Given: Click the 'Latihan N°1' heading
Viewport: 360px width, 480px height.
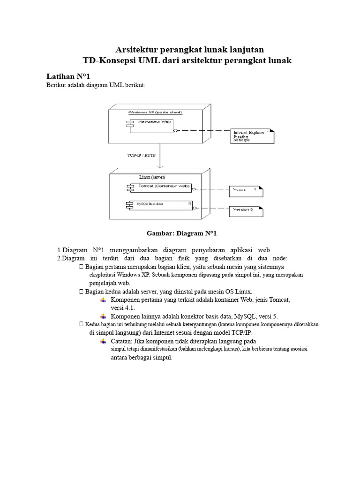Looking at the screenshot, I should point(69,76).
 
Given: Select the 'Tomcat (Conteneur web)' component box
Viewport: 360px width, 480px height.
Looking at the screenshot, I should point(161,187).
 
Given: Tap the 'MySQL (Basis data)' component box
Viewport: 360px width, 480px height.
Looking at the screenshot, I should point(159,204).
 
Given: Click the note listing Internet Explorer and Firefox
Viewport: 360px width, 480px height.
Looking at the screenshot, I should point(252,136).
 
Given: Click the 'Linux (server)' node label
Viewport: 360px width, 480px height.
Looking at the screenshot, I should point(152,177).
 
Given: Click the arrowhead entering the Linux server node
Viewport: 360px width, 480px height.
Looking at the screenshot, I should point(160,166).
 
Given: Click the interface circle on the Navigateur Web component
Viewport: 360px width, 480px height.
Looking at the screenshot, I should point(174,131).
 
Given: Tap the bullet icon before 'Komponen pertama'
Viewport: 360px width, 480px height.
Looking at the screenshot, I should point(103,300).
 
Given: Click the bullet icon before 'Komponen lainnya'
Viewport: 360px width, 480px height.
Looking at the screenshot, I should point(103,316).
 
